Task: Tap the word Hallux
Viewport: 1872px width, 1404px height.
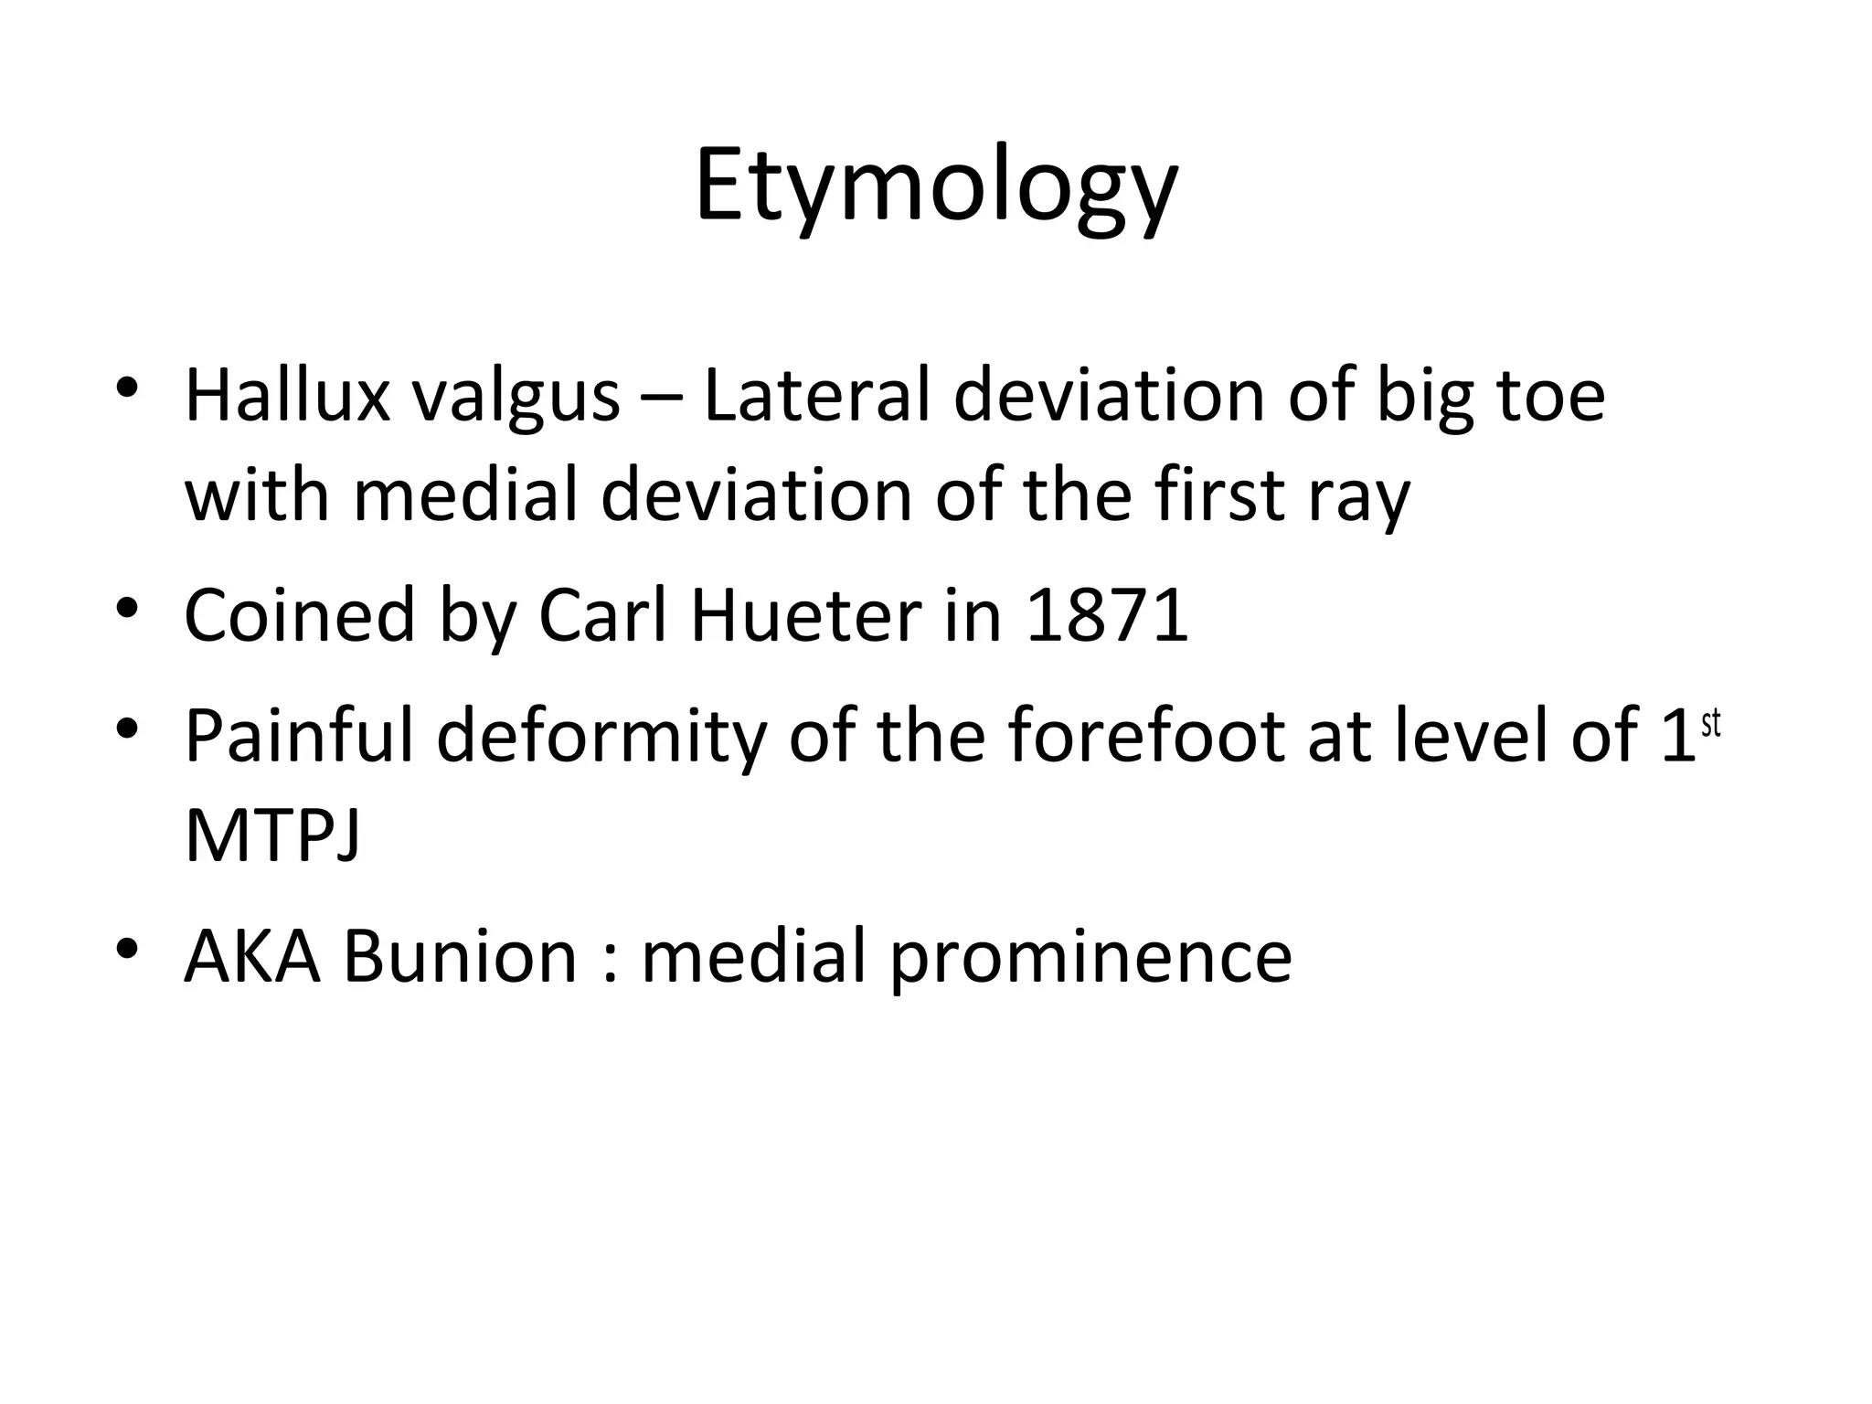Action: [x=287, y=396]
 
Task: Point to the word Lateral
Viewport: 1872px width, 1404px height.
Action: [x=817, y=396]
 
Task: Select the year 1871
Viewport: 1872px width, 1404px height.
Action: [x=1107, y=615]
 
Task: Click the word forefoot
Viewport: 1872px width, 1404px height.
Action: [x=1148, y=736]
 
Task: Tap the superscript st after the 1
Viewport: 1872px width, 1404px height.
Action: [x=1710, y=724]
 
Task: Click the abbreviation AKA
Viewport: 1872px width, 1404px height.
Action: [x=252, y=956]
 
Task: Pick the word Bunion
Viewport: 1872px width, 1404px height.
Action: [x=460, y=956]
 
